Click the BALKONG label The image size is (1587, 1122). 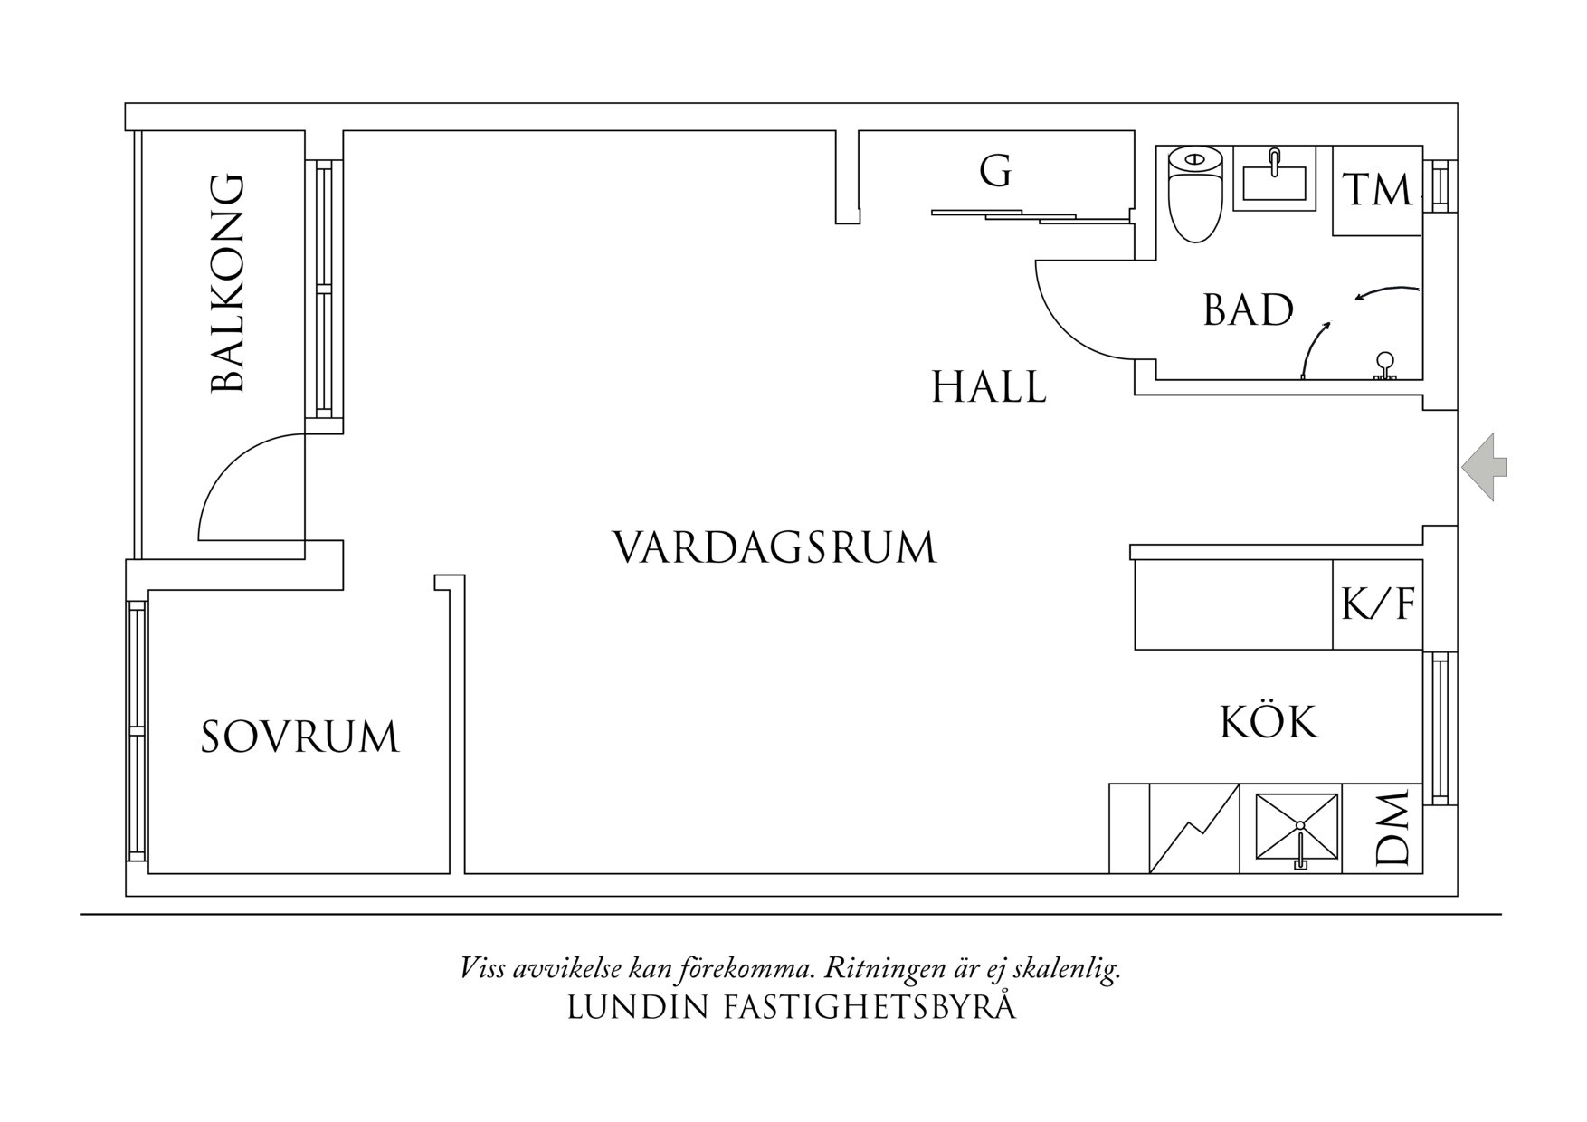pos(227,284)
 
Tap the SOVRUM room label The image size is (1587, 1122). pos(299,737)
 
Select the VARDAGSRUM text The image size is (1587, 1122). pos(775,548)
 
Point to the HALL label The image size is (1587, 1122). pos(989,387)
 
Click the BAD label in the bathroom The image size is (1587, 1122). pos(1248,311)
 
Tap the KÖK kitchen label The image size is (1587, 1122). pos(1269,723)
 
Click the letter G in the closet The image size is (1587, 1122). pos(995,171)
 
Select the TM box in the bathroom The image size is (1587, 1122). pos(1376,191)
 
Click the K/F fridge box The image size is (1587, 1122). pos(1377,604)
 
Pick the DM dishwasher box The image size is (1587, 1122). pos(1383,828)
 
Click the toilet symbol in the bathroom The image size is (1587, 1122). pos(1195,194)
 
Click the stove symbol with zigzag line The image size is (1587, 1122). pos(1193,828)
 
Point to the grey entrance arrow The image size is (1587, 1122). pos(1484,467)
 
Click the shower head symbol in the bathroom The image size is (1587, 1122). pos(1384,366)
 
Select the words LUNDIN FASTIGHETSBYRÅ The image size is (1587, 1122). pos(791,1007)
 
